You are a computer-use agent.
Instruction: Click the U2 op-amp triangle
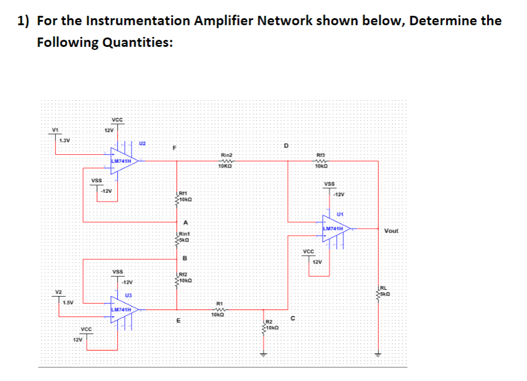click(123, 160)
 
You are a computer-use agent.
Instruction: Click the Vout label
click(391, 231)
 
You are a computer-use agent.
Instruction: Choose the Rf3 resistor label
click(320, 155)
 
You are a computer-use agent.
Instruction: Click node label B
click(185, 258)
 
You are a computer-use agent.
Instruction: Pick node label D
click(286, 144)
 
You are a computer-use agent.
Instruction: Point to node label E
click(179, 320)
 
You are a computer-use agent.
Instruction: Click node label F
click(174, 148)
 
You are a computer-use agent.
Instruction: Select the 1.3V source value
click(65, 141)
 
